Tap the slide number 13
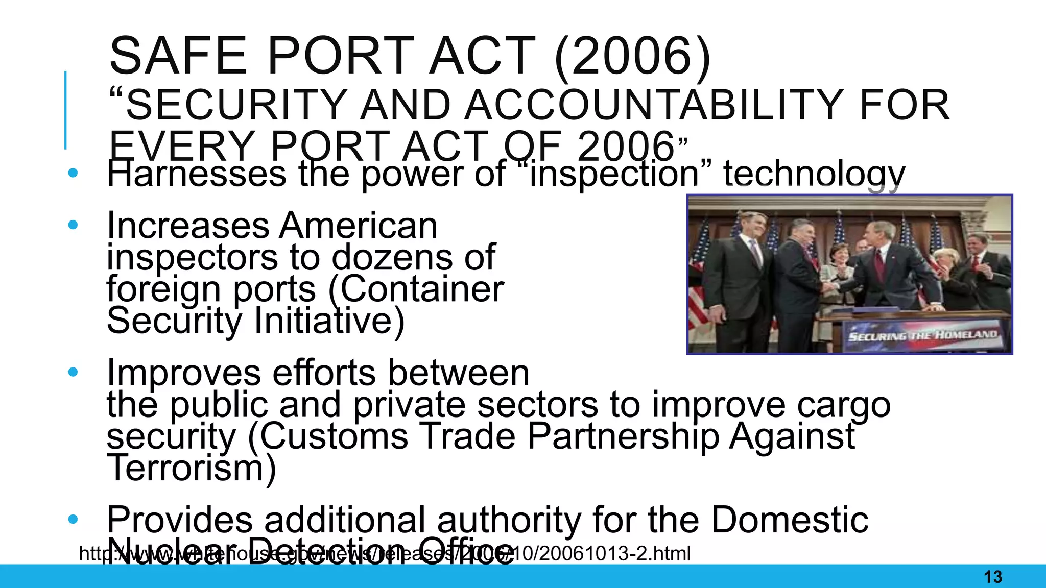[993, 577]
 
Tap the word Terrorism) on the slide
[192, 468]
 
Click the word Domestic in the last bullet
[790, 520]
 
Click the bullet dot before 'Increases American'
[73, 225]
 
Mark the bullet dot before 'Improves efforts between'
[73, 372]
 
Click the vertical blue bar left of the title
[65, 110]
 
